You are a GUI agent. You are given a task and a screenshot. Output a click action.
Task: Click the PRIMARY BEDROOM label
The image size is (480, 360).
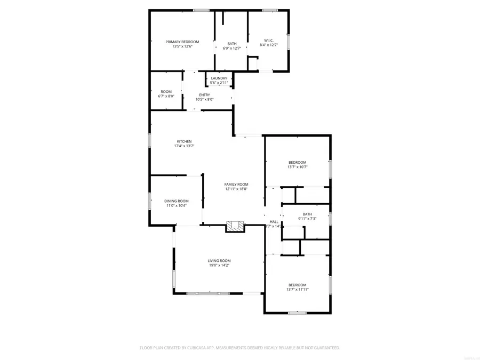tap(182, 42)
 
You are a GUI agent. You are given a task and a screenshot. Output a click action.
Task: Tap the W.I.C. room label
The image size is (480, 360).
tap(269, 40)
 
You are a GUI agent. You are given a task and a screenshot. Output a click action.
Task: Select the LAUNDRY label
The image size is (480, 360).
tap(219, 78)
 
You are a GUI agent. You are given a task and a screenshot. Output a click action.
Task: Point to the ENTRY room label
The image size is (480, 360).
tap(204, 95)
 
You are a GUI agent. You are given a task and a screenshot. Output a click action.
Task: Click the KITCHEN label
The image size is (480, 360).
tap(184, 141)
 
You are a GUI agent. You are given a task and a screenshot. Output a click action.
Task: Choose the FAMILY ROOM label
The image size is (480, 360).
tap(236, 184)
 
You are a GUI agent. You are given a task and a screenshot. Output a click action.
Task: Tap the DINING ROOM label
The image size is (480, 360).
tap(176, 201)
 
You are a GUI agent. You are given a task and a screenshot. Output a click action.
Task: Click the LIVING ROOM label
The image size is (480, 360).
tap(219, 260)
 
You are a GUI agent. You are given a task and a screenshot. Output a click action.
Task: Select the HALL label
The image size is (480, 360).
tap(274, 221)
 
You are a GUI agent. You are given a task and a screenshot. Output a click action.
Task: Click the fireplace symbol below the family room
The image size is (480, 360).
tap(235, 227)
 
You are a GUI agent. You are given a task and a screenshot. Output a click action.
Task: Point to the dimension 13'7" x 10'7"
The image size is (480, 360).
tap(298, 167)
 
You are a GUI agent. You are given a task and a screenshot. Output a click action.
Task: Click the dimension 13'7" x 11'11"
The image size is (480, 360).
tap(298, 289)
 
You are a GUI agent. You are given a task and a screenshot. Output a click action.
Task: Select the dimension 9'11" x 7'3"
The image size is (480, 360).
tap(307, 219)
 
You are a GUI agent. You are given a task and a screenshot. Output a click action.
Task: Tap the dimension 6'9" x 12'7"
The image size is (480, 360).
tap(232, 48)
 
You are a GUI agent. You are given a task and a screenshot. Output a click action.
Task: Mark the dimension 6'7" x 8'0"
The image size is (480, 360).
tap(166, 96)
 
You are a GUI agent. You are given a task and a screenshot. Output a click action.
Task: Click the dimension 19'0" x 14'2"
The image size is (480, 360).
tap(219, 265)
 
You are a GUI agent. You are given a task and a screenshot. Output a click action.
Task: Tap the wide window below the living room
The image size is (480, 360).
tap(208, 293)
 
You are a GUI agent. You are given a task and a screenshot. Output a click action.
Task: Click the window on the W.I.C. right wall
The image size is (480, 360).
tap(289, 42)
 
